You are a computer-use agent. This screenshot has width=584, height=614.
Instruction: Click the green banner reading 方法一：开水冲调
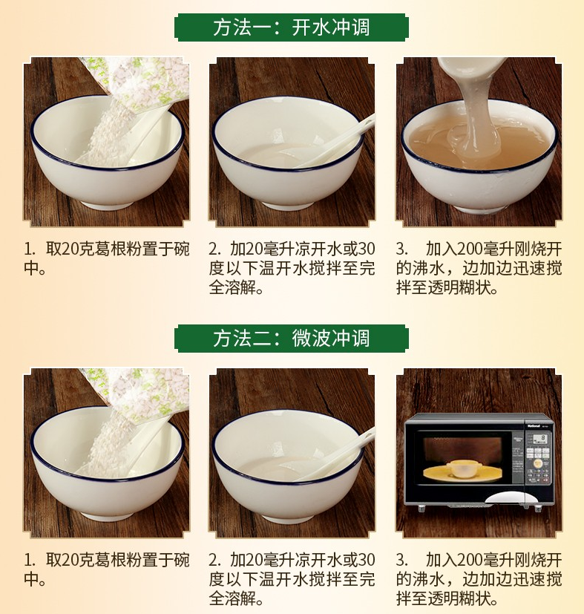click(292, 27)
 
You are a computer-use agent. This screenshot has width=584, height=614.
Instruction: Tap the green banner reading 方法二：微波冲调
click(292, 339)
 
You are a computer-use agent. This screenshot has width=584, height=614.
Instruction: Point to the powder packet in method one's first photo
click(141, 83)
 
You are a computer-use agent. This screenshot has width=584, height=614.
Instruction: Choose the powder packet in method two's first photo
click(141, 393)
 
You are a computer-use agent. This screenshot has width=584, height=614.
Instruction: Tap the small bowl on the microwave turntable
click(462, 468)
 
